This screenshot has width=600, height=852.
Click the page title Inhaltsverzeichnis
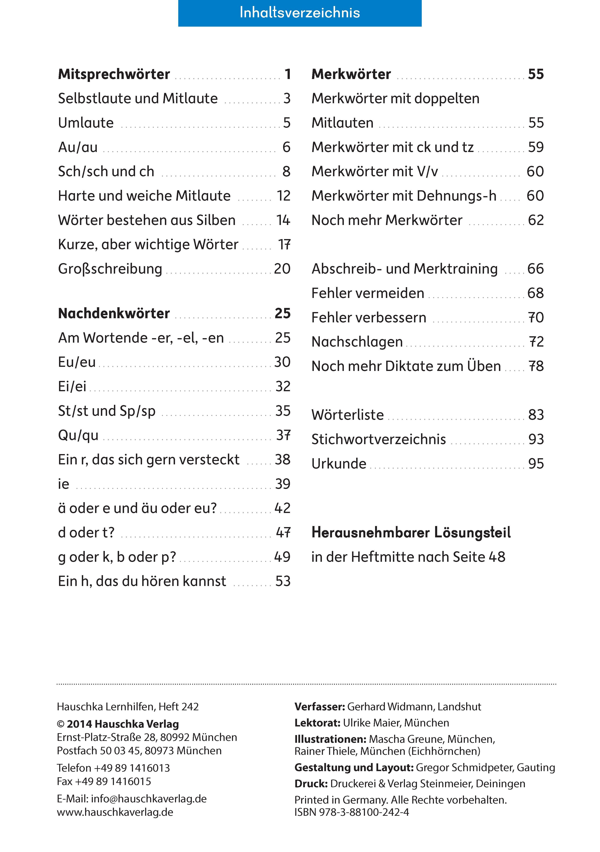click(300, 13)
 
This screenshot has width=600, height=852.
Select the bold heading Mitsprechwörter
click(114, 74)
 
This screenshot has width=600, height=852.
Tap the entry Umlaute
click(86, 123)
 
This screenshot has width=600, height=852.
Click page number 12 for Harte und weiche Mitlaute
click(283, 196)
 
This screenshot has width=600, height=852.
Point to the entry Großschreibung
click(110, 269)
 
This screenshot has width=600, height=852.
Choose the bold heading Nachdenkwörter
click(114, 314)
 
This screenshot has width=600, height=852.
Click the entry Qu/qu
click(78, 435)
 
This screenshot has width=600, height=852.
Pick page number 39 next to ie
click(283, 484)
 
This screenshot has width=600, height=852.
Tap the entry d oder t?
click(86, 533)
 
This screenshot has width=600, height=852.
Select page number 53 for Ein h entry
click(283, 581)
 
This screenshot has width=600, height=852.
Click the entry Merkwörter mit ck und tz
click(392, 147)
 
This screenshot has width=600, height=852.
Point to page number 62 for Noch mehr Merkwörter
click(536, 220)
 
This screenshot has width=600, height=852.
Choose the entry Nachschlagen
click(357, 342)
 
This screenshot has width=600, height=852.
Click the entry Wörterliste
click(347, 415)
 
